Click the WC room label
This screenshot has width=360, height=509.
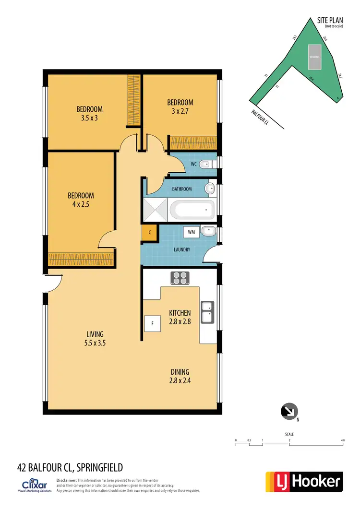coord(194,164)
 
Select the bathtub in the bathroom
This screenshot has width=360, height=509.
coord(192,209)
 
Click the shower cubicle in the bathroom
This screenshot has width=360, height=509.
coord(155,209)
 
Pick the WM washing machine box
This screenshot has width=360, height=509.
coord(191,232)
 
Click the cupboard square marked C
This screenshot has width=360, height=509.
coord(150,233)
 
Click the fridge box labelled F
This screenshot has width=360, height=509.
coord(152,324)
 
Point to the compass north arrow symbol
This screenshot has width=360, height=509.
coord(289,411)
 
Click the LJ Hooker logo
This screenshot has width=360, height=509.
coord(304,481)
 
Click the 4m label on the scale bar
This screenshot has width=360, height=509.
coord(343,440)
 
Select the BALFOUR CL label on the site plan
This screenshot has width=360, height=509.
coord(260,118)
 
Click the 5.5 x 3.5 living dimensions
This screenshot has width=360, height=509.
coord(95,343)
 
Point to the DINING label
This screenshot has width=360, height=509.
coord(180,372)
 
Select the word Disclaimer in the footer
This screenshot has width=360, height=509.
coord(67,480)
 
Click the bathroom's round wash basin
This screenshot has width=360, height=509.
coord(210,189)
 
